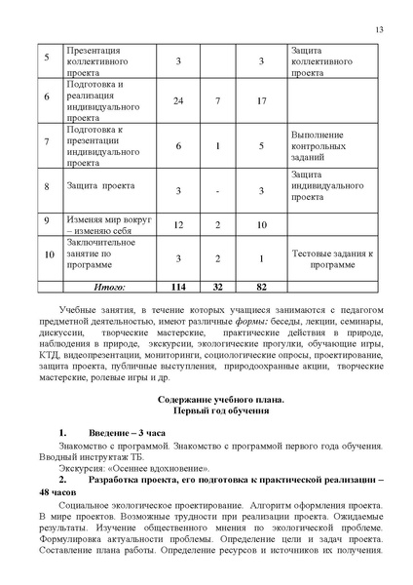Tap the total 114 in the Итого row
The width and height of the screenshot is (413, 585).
coord(179,288)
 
